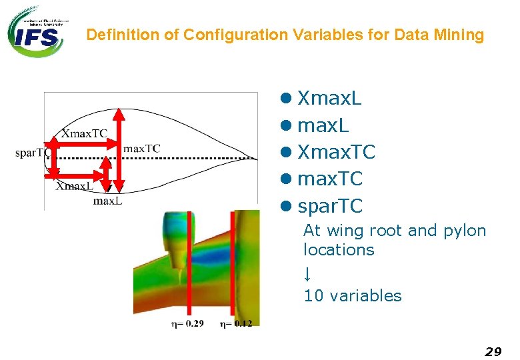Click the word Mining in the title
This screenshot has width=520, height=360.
(x=459, y=35)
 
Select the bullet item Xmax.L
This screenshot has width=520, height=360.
(x=329, y=99)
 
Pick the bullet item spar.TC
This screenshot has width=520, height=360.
(x=330, y=206)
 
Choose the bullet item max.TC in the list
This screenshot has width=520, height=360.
(x=329, y=179)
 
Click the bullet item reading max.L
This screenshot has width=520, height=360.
(x=323, y=125)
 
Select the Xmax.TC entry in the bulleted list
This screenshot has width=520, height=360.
(x=336, y=153)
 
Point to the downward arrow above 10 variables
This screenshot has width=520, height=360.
(x=307, y=274)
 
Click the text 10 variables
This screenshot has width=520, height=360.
(x=353, y=296)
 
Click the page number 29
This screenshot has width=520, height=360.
(x=493, y=351)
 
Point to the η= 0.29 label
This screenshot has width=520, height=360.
(x=187, y=323)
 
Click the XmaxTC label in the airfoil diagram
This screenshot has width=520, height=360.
(x=84, y=133)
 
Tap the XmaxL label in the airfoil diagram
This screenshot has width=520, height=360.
(x=74, y=186)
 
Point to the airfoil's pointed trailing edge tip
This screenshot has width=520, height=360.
(x=257, y=159)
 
